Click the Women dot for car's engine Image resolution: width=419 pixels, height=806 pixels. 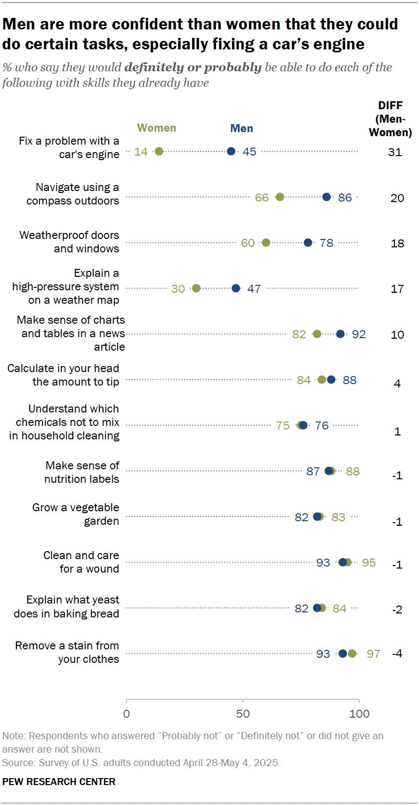(159, 151)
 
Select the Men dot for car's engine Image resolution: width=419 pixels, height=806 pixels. (231, 151)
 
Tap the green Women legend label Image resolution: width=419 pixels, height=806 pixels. (157, 128)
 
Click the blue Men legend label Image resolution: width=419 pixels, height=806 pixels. (241, 129)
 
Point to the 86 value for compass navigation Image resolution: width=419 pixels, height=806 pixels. (345, 198)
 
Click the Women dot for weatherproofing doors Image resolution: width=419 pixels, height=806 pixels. (266, 242)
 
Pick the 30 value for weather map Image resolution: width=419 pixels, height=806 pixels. (178, 289)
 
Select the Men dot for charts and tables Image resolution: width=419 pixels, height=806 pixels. (340, 334)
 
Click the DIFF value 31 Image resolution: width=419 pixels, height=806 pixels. (395, 152)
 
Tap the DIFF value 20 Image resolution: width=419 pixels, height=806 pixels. (397, 198)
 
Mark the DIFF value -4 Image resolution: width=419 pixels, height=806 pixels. (397, 653)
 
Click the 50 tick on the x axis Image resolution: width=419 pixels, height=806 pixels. (243, 714)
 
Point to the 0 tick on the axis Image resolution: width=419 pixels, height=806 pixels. (127, 714)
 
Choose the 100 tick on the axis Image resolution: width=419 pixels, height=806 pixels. (359, 714)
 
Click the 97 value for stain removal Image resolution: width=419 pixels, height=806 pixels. (374, 654)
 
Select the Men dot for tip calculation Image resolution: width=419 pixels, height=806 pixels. (331, 380)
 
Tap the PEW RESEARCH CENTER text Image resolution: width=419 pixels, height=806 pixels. (59, 782)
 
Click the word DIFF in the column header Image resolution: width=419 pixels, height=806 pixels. (390, 106)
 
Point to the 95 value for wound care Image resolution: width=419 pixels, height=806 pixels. (369, 563)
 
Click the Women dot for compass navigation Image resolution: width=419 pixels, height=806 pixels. (280, 197)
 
